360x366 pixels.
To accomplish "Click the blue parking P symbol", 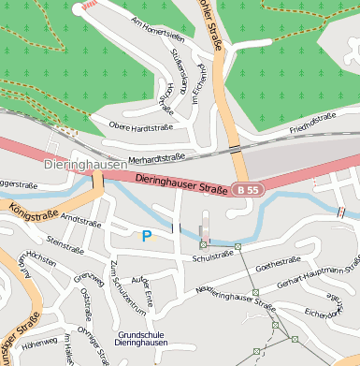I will point(146,237).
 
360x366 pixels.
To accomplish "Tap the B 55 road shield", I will point(246,190).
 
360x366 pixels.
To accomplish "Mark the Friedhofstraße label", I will point(312,122).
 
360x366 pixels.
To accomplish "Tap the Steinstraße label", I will point(65,245).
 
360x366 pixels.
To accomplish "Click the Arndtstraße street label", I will point(81,221).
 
